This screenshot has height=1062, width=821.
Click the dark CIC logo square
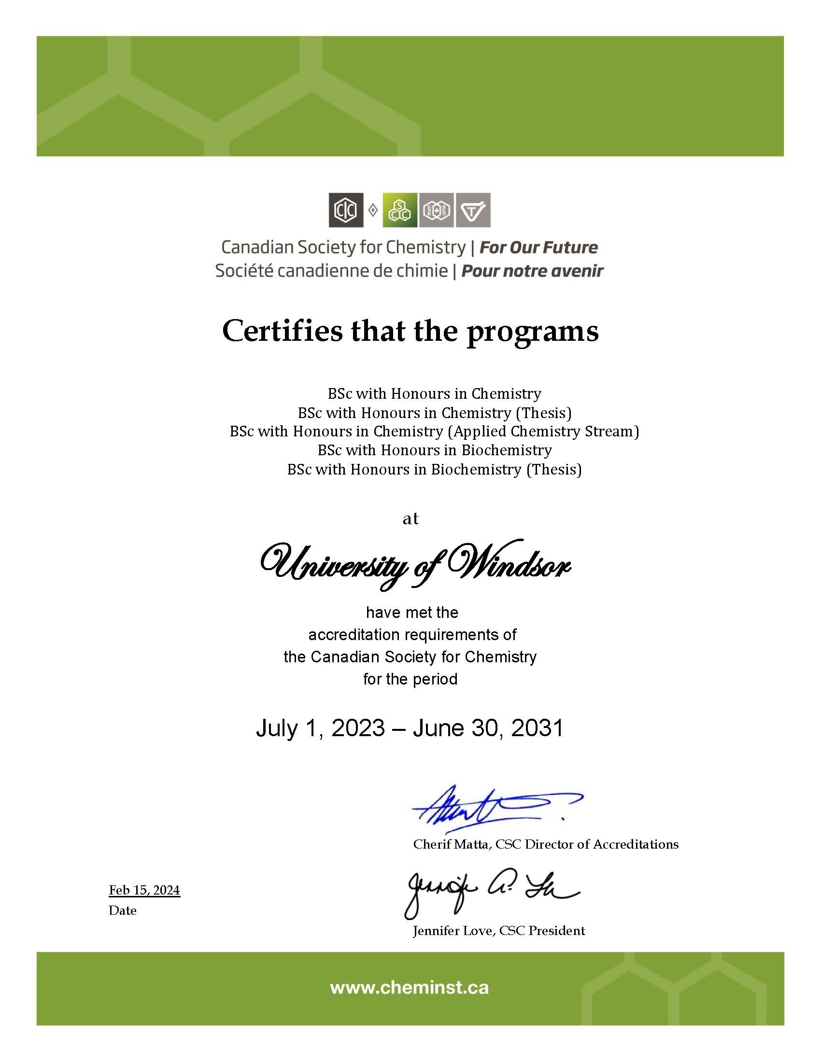coord(346,210)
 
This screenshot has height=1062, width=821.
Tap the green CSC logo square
coord(400,210)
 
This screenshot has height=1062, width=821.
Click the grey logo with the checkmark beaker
coord(473,210)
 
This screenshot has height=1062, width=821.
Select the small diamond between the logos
coord(373,210)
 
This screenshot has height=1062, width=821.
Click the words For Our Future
coord(538,248)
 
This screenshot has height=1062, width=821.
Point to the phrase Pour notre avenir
coord(532,271)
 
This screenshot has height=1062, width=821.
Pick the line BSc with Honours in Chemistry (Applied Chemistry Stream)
coord(434,431)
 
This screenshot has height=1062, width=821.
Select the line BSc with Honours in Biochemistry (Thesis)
coord(434,469)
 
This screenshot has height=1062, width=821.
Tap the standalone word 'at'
coord(410,519)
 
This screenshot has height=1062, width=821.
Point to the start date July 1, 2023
coord(320,728)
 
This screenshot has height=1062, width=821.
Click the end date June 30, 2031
coord(488,728)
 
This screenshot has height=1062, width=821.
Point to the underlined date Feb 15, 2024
coord(144,890)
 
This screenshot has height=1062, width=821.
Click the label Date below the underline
coord(123,910)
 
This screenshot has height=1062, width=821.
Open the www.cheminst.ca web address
coord(410,988)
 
